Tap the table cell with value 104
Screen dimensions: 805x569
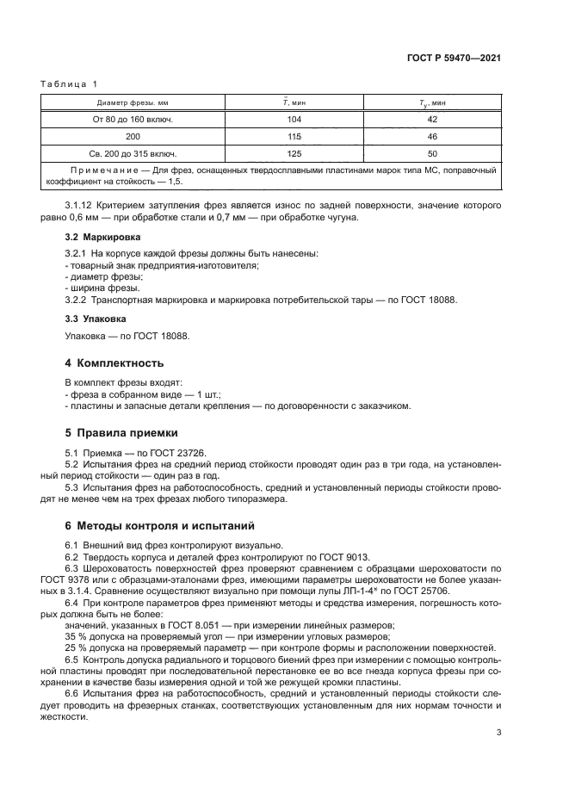pyautogui.click(x=293, y=120)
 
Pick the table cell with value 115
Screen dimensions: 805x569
pyautogui.click(x=293, y=137)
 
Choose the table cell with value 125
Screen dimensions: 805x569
pyautogui.click(x=293, y=153)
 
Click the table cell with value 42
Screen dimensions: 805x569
pyautogui.click(x=432, y=120)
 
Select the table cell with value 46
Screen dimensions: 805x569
pyautogui.click(x=432, y=137)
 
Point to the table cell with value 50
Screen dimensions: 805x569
pyautogui.click(x=432, y=153)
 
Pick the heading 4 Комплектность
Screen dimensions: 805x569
pyautogui.click(x=114, y=362)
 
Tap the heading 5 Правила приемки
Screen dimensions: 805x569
pyautogui.click(x=122, y=433)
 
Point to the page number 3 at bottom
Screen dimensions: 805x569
pyautogui.click(x=498, y=733)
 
